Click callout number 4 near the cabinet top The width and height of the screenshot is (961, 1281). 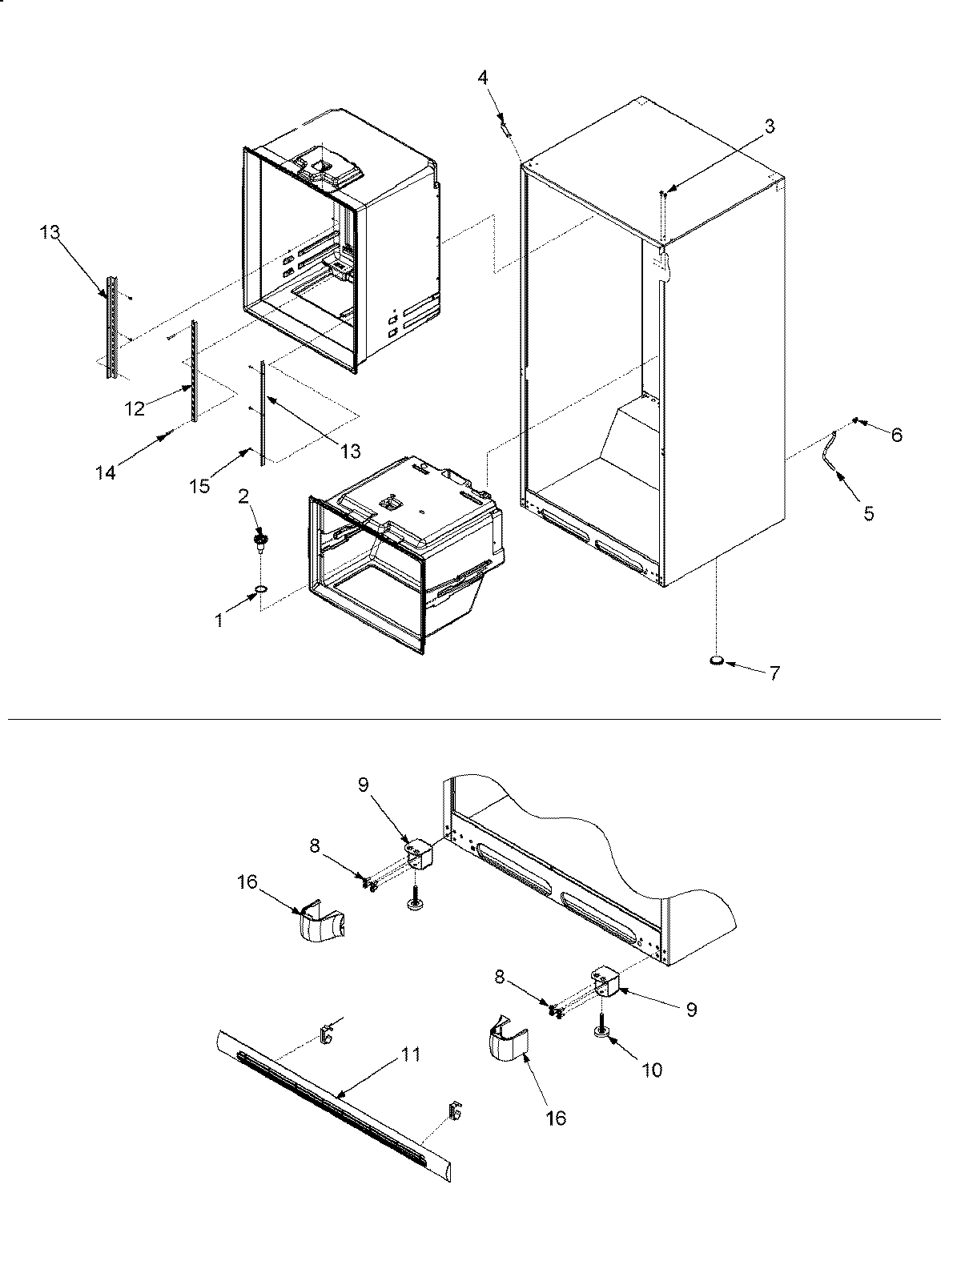[482, 77]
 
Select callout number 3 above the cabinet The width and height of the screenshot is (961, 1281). [769, 126]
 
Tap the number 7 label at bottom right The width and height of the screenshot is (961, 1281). [774, 673]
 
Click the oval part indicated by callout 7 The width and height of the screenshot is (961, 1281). [717, 661]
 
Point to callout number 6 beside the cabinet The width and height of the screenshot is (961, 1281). [896, 435]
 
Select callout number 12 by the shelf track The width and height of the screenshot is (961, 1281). [135, 408]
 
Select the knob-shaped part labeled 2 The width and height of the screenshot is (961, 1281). [260, 542]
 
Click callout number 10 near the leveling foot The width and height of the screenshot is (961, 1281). [652, 1070]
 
